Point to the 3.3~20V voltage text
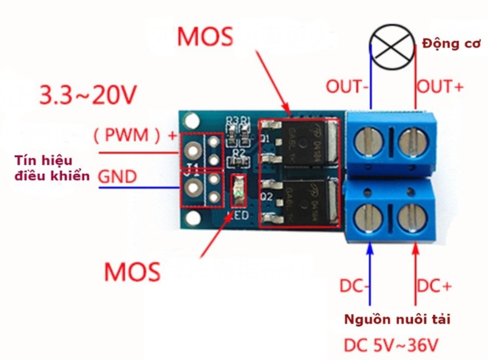point(88,94)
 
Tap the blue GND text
point(117,176)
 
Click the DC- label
point(355,286)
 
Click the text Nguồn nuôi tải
point(397,318)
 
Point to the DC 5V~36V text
point(394,345)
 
